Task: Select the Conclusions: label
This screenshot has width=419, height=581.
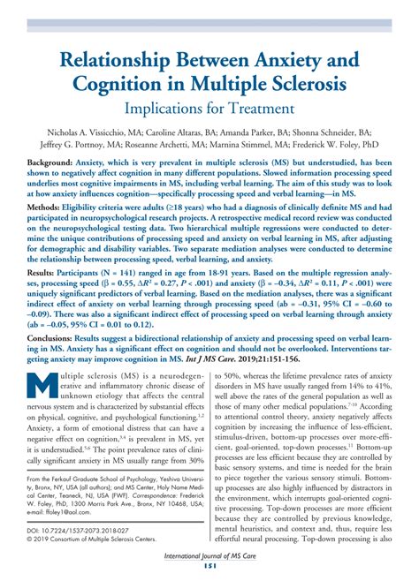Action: [52, 363]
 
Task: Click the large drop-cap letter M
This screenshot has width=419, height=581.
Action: [43, 414]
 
